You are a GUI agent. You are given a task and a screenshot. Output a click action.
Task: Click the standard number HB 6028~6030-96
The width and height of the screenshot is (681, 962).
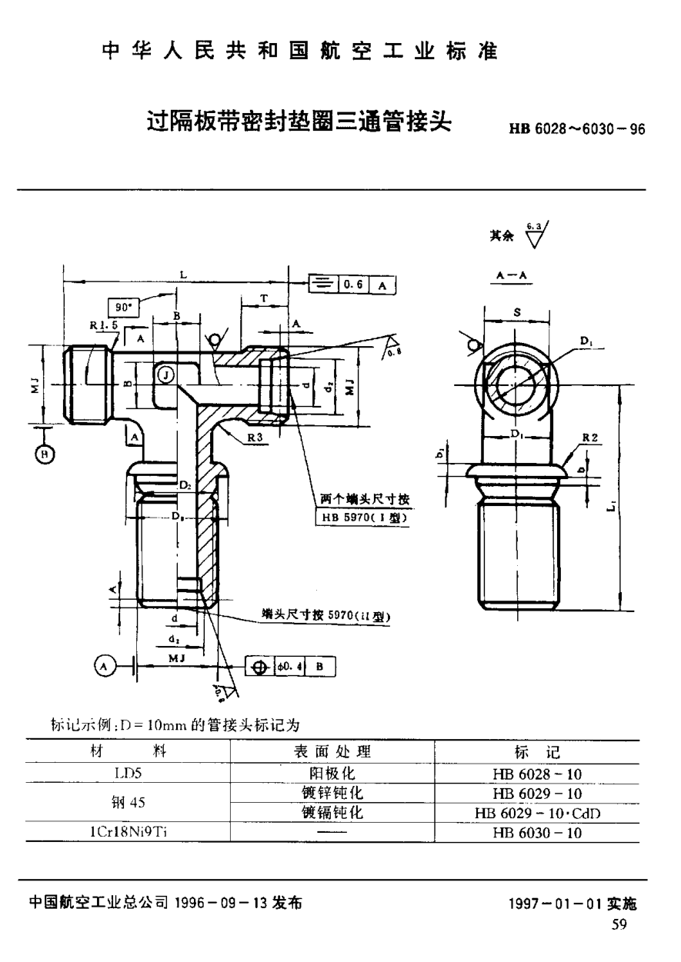[x=576, y=129]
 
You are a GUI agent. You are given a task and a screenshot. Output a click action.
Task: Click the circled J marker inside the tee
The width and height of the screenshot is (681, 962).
[x=165, y=374]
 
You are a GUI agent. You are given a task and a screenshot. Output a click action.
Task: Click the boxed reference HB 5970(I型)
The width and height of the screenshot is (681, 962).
[x=360, y=518]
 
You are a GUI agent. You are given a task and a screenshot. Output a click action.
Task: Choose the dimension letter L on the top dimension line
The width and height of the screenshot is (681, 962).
[x=181, y=275]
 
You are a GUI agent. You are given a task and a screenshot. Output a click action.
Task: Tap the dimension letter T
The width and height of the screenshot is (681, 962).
[x=263, y=298]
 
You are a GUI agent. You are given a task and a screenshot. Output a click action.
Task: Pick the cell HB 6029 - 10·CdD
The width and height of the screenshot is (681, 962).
[x=537, y=813]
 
